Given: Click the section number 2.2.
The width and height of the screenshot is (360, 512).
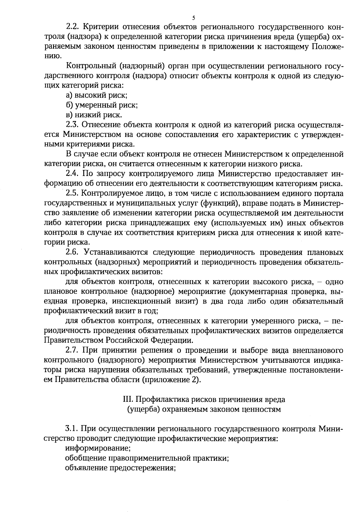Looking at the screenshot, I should tap(72, 27).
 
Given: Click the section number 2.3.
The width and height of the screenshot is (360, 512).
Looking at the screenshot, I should tap(72, 125).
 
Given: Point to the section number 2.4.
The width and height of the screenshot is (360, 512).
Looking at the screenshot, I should tap(72, 174).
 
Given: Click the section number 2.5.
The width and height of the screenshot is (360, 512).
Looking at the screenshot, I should tap(72, 193).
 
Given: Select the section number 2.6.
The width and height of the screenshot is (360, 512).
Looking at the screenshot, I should tap(72, 252).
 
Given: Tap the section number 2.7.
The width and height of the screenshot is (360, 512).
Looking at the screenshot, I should tap(72, 350).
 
